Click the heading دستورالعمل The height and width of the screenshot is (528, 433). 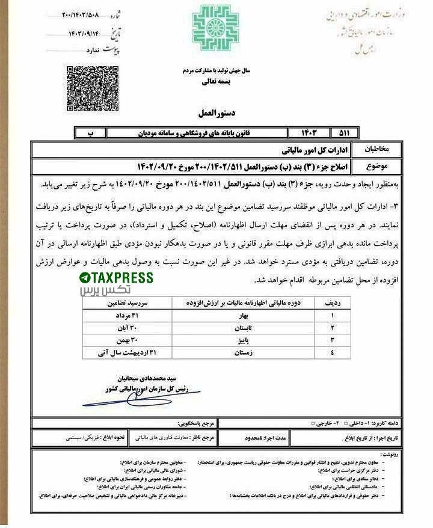coord(215,113)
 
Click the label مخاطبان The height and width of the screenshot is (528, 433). coord(379,149)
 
